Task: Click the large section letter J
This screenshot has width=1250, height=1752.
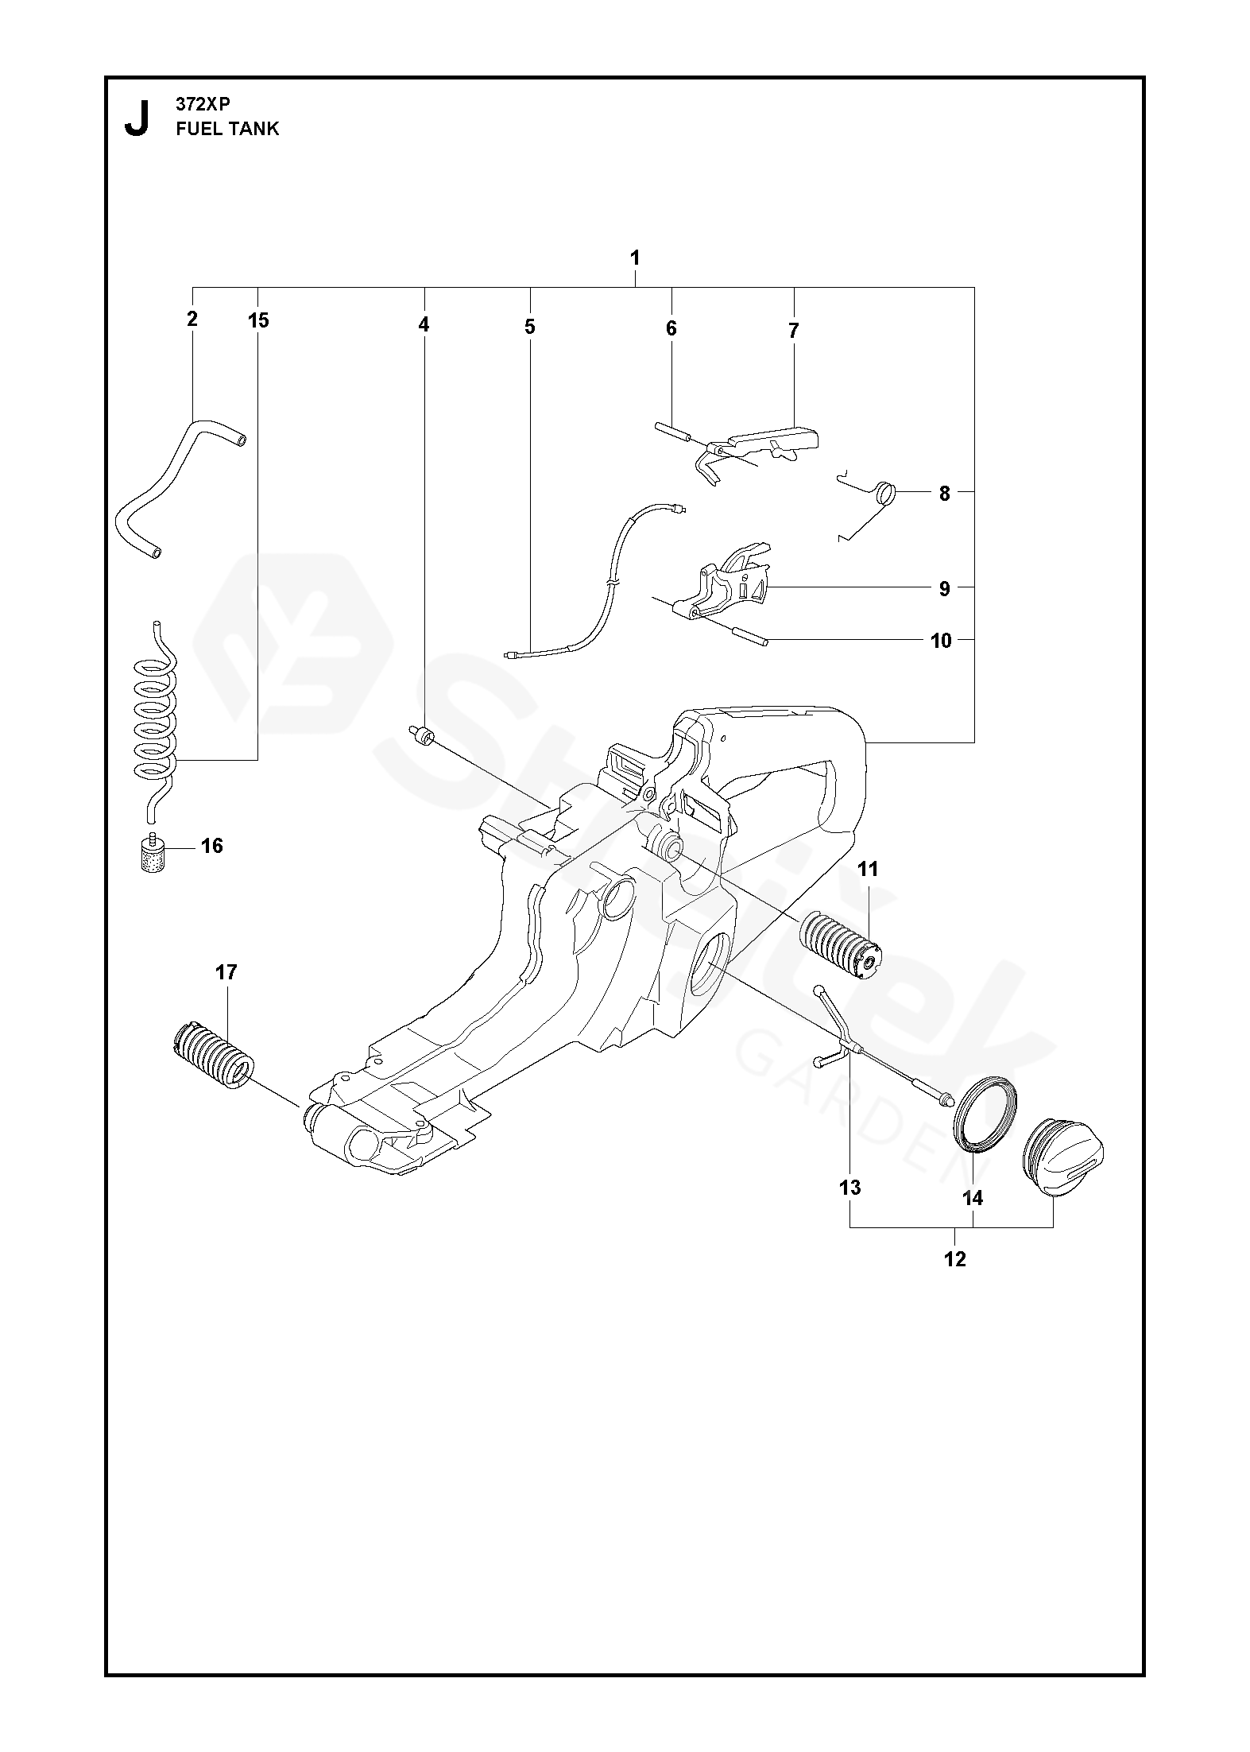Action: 137,118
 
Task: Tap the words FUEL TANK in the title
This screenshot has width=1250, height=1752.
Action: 227,129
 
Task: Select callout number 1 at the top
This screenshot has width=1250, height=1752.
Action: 634,258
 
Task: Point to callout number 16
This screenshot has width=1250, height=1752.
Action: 212,846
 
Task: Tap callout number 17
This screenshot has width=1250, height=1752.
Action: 226,972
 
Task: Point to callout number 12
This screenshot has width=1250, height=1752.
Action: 954,1258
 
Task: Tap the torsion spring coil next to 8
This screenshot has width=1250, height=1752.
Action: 884,494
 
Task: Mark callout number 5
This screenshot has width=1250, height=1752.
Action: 530,327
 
